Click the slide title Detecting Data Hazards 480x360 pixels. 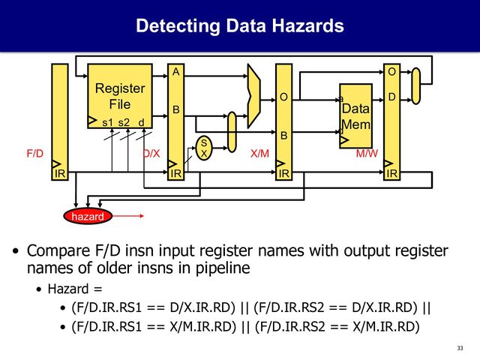click(239, 27)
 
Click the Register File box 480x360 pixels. click(120, 97)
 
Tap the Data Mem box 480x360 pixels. click(355, 116)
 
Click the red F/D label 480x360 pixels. click(34, 153)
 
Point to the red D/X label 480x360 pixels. click(151, 153)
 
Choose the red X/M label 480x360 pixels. click(259, 153)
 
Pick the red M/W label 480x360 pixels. click(366, 153)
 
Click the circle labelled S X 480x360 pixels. click(204, 146)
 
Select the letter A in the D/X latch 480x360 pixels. click(175, 73)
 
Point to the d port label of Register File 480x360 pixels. click(141, 122)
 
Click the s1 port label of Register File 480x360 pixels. click(107, 122)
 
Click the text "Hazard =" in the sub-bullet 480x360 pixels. click(74, 289)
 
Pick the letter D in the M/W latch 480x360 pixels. click(391, 97)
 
